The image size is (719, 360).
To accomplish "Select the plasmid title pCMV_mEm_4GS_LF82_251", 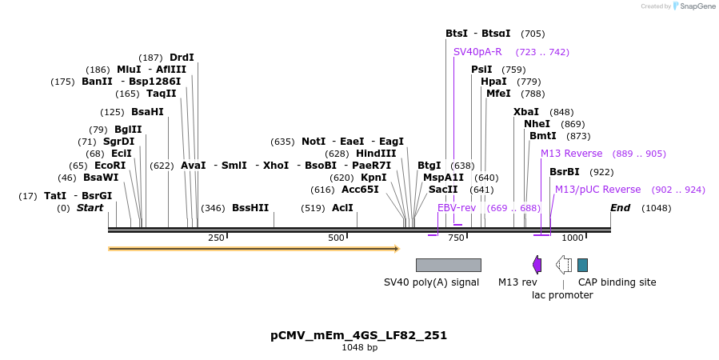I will [358, 335].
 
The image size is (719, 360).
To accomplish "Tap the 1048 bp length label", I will [358, 348].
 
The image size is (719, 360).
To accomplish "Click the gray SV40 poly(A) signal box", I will [448, 265].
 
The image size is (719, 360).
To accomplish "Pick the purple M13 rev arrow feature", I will [537, 265].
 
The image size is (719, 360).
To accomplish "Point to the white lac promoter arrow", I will [564, 265].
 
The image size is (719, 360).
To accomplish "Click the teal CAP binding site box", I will [582, 265].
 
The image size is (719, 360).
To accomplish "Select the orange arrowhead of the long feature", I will [395, 249].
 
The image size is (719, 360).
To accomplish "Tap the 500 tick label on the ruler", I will [336, 238].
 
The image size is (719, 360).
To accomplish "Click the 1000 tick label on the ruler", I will [573, 238].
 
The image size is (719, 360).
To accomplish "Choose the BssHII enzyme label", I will [250, 208].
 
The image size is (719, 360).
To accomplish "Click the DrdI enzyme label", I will [182, 58].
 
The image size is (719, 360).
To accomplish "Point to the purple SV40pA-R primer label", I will [477, 52].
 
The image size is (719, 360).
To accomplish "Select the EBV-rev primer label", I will [457, 208].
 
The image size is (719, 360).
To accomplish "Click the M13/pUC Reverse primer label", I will [597, 190].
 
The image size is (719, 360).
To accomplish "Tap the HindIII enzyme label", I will [376, 154].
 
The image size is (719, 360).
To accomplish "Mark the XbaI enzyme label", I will [526, 112].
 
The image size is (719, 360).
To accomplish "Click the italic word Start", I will [90, 208].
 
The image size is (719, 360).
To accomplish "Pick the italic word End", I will [621, 208].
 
